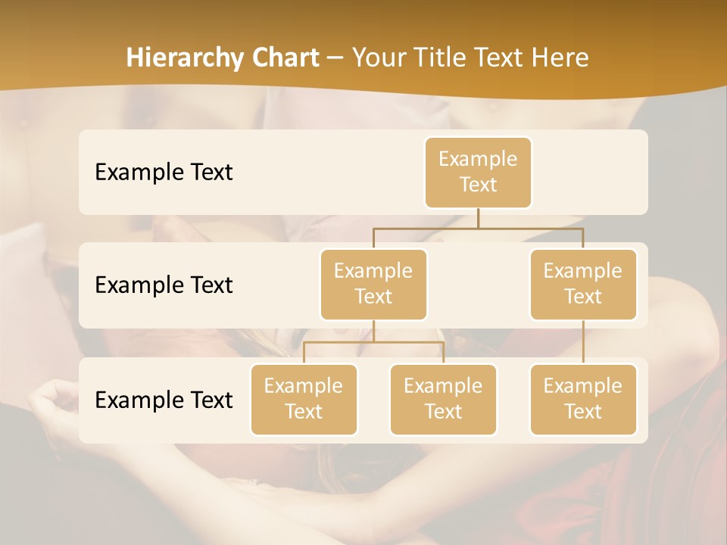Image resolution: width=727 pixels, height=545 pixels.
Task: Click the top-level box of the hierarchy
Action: [x=478, y=172]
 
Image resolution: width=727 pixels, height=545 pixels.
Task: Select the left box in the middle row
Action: [x=373, y=284]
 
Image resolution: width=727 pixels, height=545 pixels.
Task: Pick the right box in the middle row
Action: [x=583, y=284]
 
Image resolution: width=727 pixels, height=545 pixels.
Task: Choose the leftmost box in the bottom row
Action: [x=304, y=399]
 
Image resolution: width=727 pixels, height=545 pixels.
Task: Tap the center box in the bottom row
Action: [x=443, y=399]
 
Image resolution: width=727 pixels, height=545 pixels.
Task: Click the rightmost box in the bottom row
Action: [x=583, y=399]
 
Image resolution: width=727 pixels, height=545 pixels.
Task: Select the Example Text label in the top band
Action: [x=164, y=172]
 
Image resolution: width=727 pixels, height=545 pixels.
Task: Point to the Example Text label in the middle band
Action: [x=164, y=285]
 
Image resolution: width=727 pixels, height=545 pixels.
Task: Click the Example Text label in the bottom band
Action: [x=164, y=400]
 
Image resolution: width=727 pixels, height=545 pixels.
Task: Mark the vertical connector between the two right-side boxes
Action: [x=583, y=342]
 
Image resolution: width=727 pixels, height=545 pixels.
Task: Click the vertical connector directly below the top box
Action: [x=478, y=218]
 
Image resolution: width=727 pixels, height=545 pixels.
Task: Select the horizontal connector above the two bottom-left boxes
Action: [x=373, y=342]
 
